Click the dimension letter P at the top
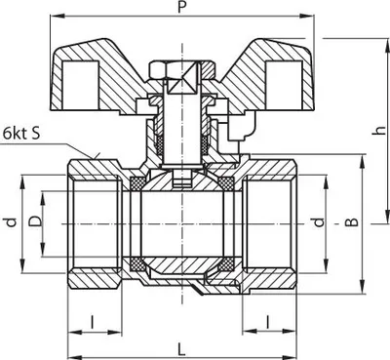(x=182, y=7)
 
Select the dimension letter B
(x=351, y=221)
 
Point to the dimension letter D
(x=35, y=221)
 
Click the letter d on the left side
(x=11, y=222)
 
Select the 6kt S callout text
(x=21, y=133)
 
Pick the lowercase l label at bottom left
(x=92, y=322)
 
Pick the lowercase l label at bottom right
(x=267, y=322)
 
